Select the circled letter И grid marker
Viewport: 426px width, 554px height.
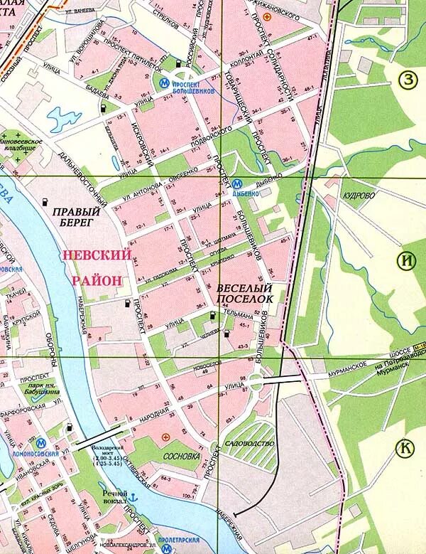(406, 260)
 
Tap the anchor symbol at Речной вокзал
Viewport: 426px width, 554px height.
(132, 495)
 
